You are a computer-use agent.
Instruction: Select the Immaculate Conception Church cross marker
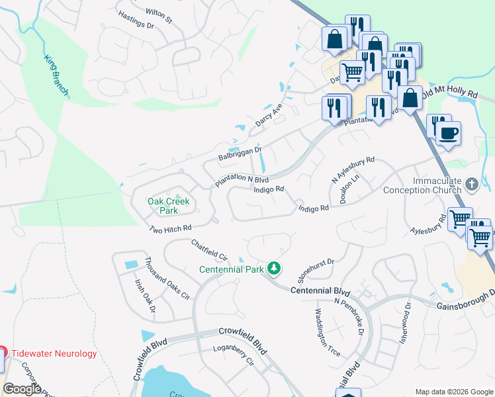471,185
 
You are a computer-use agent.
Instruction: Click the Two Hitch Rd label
170,228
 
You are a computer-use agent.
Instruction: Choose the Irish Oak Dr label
145,295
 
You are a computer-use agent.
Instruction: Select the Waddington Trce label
328,333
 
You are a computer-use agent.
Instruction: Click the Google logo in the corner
22,389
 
